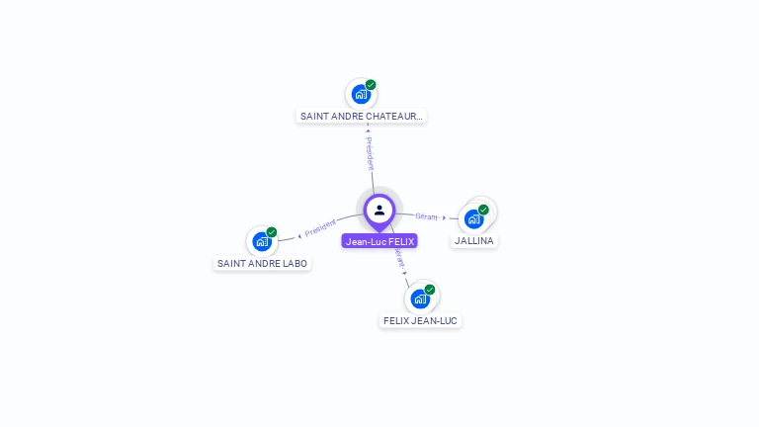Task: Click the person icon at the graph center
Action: [x=379, y=210]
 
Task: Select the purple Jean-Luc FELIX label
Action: [x=379, y=241]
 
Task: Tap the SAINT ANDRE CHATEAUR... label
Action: [x=362, y=116]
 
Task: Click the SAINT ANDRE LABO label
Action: [x=263, y=264]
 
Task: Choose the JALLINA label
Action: [x=474, y=241]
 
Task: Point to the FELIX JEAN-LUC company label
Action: [x=421, y=321]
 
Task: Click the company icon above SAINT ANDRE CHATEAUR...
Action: [x=361, y=95]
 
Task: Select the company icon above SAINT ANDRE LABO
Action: [x=261, y=241]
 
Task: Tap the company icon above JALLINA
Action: [x=474, y=218]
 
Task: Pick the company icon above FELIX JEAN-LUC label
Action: [x=420, y=299]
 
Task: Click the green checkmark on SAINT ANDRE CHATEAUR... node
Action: [x=371, y=85]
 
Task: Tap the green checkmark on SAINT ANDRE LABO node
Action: [x=272, y=232]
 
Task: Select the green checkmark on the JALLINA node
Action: [x=483, y=210]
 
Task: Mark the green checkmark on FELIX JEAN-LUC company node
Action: [x=430, y=290]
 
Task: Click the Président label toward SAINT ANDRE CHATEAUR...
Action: [x=370, y=152]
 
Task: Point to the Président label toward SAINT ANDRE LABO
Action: [x=320, y=228]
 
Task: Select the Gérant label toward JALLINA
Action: [x=427, y=215]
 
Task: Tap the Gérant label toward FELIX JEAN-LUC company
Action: [x=399, y=258]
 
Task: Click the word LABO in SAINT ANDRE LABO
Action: [x=295, y=264]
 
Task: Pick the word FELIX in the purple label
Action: [x=400, y=241]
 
